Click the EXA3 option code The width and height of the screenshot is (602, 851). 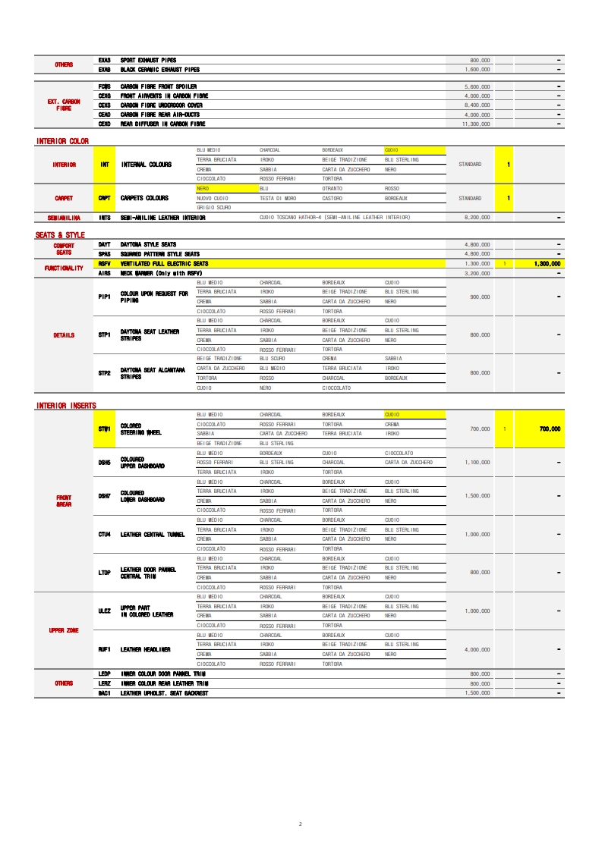(x=105, y=60)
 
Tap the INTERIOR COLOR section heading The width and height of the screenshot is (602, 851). (x=62, y=141)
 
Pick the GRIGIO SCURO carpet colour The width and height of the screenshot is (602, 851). (x=214, y=207)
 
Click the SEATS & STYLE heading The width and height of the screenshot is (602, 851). (x=60, y=235)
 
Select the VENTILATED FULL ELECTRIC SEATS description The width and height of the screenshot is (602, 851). (x=164, y=263)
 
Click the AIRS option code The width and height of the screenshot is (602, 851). (x=105, y=272)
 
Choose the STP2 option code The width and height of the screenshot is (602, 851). (x=105, y=373)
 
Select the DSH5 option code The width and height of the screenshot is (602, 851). (x=105, y=462)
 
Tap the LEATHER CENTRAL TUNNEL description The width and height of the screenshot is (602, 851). (x=153, y=534)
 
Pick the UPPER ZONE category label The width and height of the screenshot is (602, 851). (x=64, y=630)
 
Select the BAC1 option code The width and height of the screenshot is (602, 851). (x=105, y=693)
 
